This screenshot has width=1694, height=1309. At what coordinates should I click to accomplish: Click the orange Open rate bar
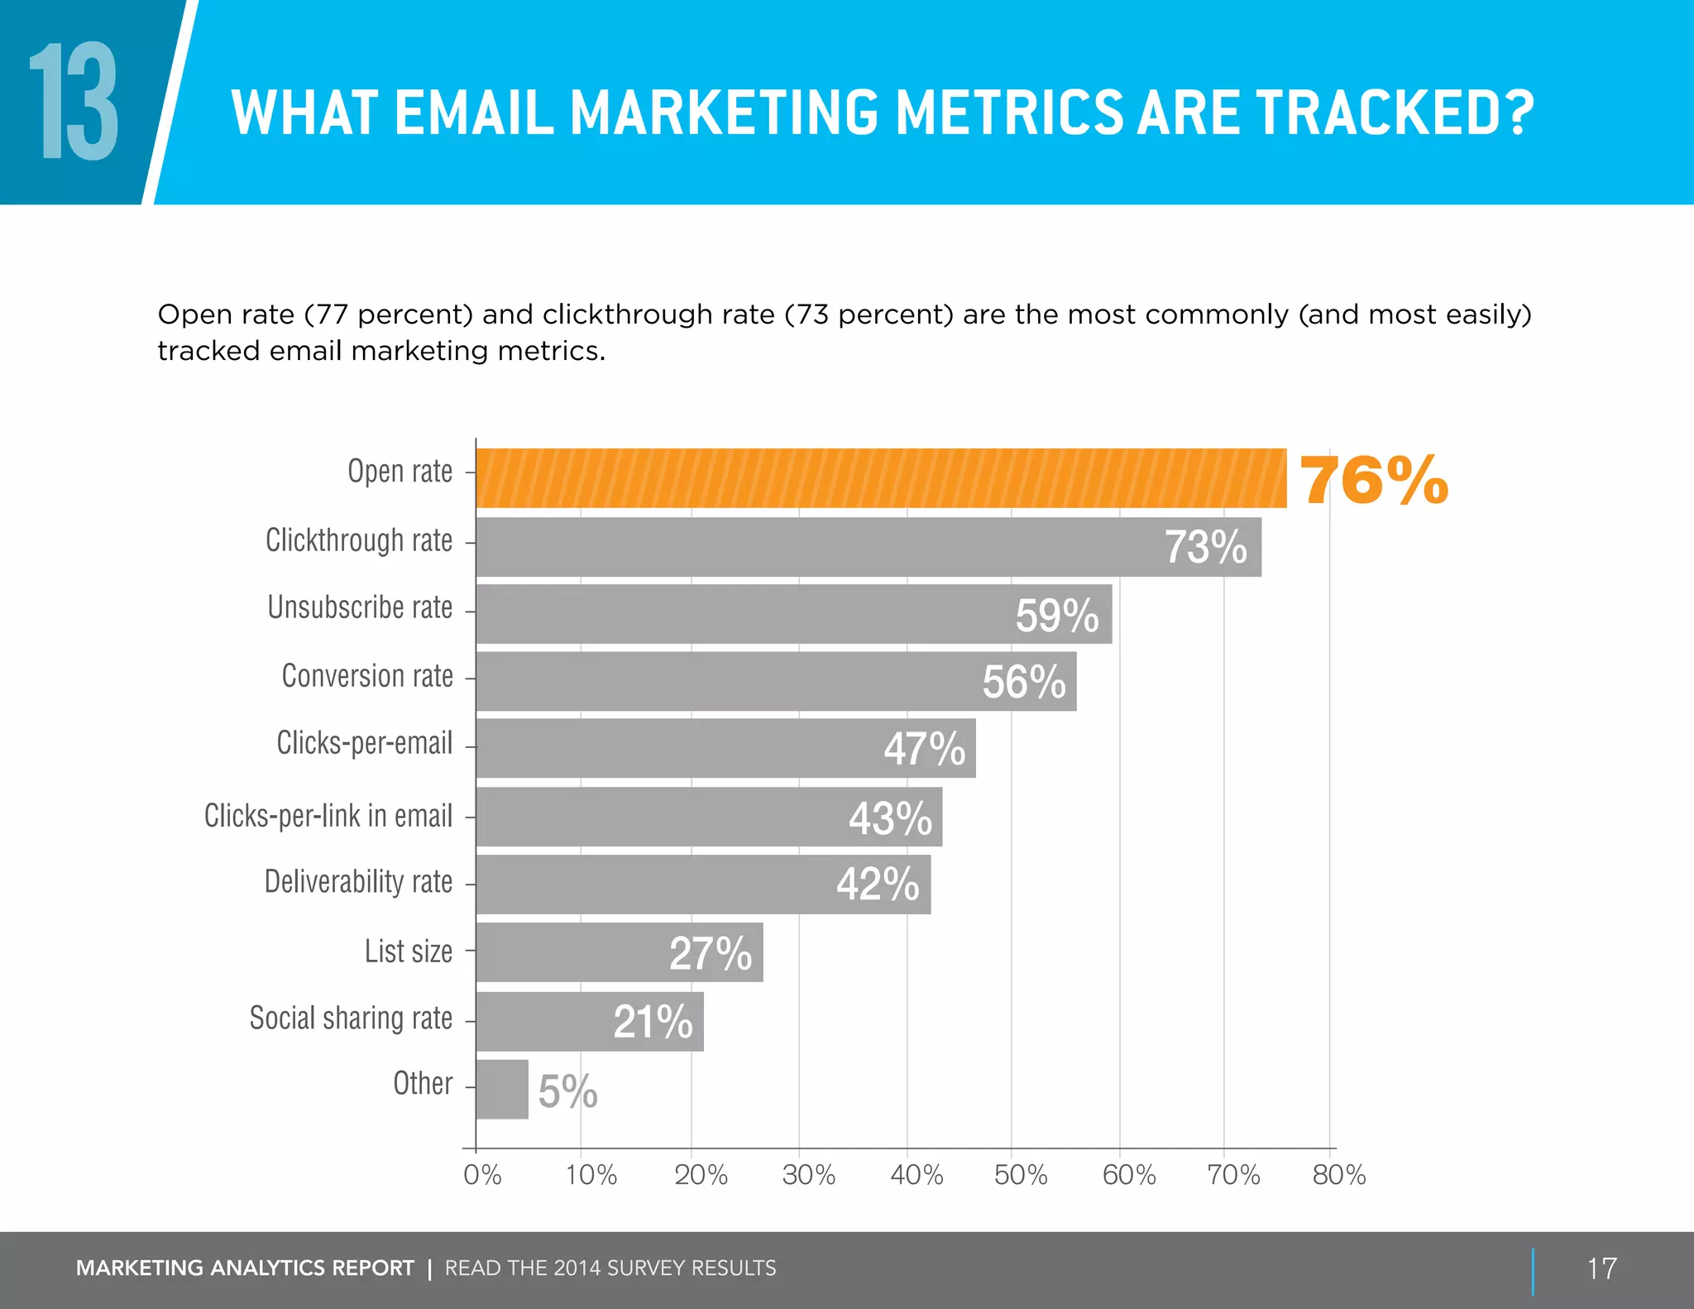(x=881, y=478)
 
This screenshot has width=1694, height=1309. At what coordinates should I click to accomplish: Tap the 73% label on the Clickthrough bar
(x=1205, y=548)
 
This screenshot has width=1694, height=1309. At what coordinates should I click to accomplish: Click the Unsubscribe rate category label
(x=360, y=608)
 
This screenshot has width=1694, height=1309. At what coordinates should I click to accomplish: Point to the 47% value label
(x=924, y=749)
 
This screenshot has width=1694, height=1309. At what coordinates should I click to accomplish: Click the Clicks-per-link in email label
(x=328, y=817)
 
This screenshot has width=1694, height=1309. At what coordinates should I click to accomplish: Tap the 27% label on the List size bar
(x=711, y=953)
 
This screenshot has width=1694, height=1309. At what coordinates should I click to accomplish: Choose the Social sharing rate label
(x=351, y=1019)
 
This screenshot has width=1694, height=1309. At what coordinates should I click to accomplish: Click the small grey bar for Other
(x=502, y=1089)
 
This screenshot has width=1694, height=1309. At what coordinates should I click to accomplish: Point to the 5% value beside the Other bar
(x=567, y=1091)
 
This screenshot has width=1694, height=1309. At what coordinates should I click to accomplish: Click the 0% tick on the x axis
(x=482, y=1175)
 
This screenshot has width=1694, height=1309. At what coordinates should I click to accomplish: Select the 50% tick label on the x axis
(x=1021, y=1175)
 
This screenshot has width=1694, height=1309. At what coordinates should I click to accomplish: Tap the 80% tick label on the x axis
(x=1338, y=1175)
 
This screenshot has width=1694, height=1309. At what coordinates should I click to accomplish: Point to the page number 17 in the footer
(x=1601, y=1268)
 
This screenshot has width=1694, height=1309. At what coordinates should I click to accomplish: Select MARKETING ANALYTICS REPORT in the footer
(x=245, y=1268)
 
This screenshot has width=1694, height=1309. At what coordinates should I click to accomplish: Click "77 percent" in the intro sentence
(x=389, y=315)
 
